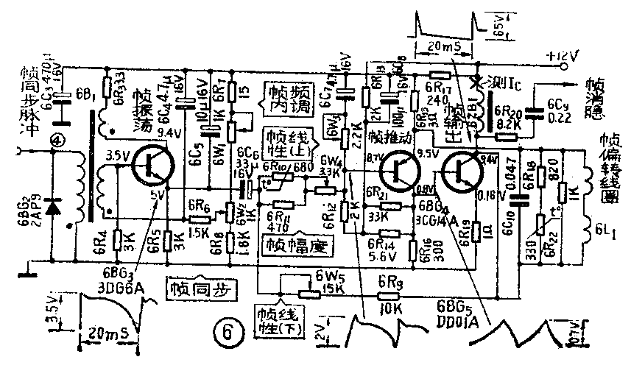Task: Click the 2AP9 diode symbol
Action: click(52, 208)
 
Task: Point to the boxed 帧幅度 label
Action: click(291, 244)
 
